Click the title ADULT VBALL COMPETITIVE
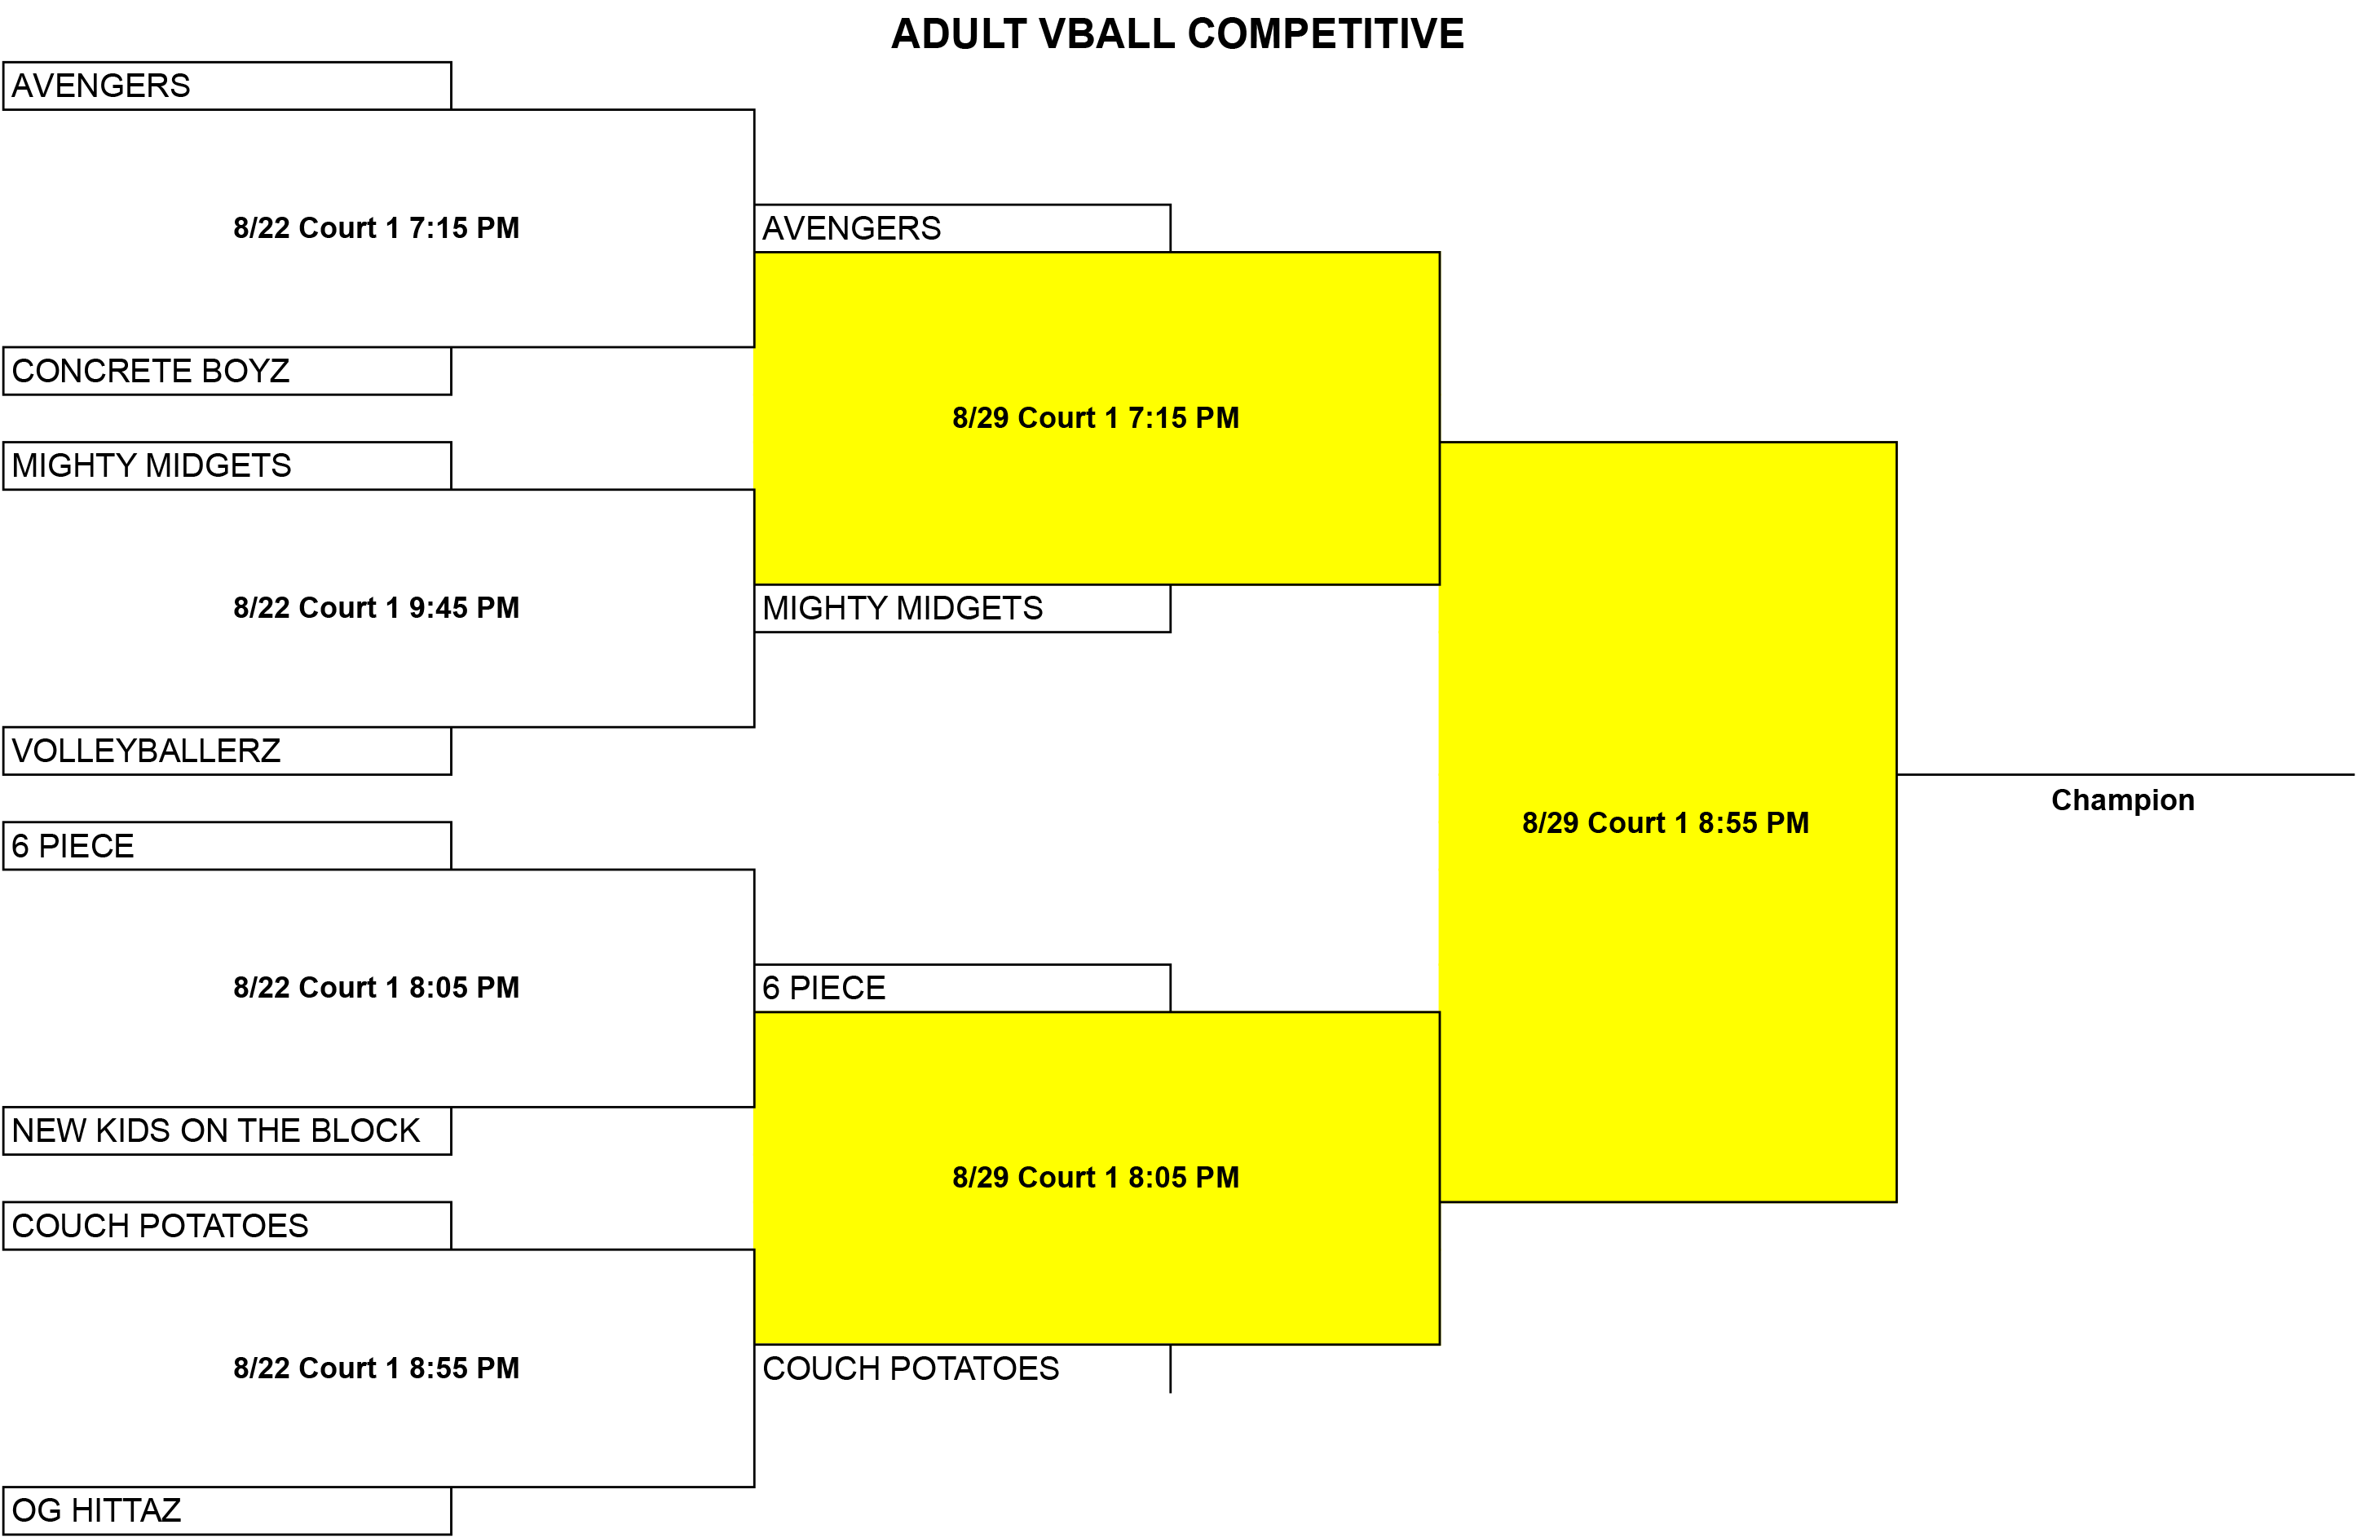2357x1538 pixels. point(1177,33)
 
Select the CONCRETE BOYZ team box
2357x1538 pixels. point(227,370)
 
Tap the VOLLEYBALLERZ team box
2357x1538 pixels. point(227,751)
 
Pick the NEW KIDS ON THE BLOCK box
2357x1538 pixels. point(227,1131)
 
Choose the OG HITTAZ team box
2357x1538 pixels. point(227,1510)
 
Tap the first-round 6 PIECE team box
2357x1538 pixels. point(227,846)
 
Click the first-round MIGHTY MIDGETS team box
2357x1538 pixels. point(227,465)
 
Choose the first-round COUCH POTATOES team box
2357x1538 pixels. point(227,1226)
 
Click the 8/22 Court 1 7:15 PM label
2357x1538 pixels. point(377,227)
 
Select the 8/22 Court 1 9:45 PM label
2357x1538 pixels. point(377,607)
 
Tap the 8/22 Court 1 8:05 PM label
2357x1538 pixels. point(377,987)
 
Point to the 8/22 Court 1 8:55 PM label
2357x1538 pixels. point(377,1368)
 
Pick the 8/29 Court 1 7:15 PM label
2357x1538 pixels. point(1095,418)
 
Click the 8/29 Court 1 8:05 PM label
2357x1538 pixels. point(1095,1178)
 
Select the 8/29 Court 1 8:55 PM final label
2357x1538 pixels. point(1666,823)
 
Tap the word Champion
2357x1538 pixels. point(2122,800)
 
